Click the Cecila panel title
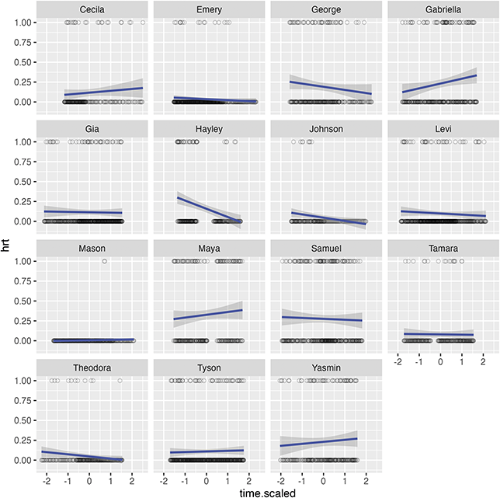[x=93, y=9]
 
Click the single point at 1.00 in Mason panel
[x=104, y=261]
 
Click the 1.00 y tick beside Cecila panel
[x=23, y=22]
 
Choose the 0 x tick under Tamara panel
[x=440, y=362]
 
